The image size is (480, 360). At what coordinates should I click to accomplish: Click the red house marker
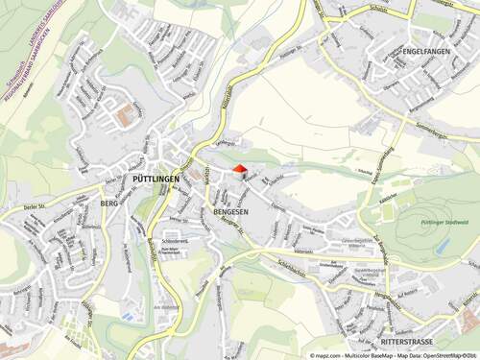pyautogui.click(x=240, y=169)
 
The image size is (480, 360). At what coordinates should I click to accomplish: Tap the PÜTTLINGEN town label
pyautogui.click(x=152, y=180)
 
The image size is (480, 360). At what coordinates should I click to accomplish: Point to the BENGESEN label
pyautogui.click(x=228, y=210)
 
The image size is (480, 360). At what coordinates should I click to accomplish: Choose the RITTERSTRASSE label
pyautogui.click(x=408, y=341)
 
